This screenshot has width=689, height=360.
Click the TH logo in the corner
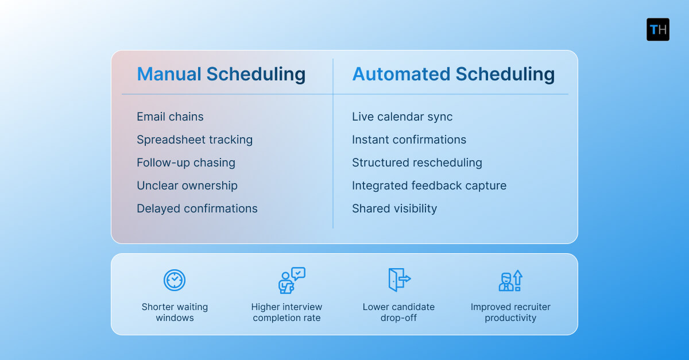coord(658,29)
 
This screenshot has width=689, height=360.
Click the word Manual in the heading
coord(169,74)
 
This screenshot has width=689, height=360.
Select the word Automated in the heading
coord(401,74)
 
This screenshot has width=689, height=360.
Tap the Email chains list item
coord(170,117)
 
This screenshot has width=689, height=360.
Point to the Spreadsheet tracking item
coord(195,140)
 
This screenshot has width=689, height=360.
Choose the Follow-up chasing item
coord(186,162)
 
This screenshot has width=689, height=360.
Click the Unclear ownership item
coord(187,185)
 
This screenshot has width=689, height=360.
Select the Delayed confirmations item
coord(197,208)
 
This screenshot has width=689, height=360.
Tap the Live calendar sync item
coord(402,117)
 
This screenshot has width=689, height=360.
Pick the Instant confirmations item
coord(409,140)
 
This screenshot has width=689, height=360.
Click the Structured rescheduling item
coord(417,162)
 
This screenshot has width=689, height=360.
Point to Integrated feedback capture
coord(429,185)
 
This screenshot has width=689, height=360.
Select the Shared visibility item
coord(394,208)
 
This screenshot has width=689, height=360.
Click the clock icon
coord(175,280)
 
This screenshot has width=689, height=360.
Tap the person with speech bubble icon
coord(291,280)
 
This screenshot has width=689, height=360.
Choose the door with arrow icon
coord(399,280)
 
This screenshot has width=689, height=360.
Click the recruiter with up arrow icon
coord(510,280)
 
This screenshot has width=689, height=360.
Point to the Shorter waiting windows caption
coord(175,312)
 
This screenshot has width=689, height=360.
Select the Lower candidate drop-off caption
coord(398,312)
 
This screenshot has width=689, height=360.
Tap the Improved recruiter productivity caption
coord(510,312)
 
